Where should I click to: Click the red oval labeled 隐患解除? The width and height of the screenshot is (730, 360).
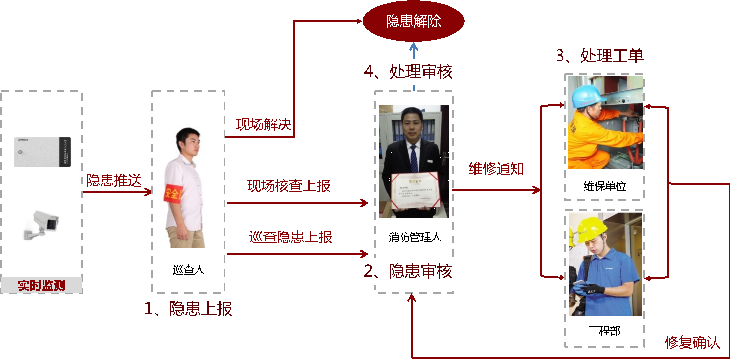(x=413, y=21)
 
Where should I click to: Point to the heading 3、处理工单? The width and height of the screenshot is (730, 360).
(x=600, y=56)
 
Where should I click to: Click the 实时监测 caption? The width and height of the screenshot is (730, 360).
(x=42, y=285)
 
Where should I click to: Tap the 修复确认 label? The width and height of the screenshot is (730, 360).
(x=692, y=343)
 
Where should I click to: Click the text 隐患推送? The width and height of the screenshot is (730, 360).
(x=114, y=180)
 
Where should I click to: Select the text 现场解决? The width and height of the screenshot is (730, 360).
(x=263, y=124)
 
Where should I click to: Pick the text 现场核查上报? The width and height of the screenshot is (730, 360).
(x=288, y=186)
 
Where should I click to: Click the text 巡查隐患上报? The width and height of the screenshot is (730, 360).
(x=290, y=237)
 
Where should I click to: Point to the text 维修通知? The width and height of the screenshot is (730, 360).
(x=497, y=169)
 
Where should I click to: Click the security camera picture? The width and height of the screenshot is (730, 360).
(x=42, y=224)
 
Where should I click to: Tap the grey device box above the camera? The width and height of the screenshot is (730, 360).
(x=42, y=151)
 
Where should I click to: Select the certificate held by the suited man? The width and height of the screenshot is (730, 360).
(x=415, y=191)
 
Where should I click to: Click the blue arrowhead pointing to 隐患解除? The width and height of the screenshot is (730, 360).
(x=414, y=47)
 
